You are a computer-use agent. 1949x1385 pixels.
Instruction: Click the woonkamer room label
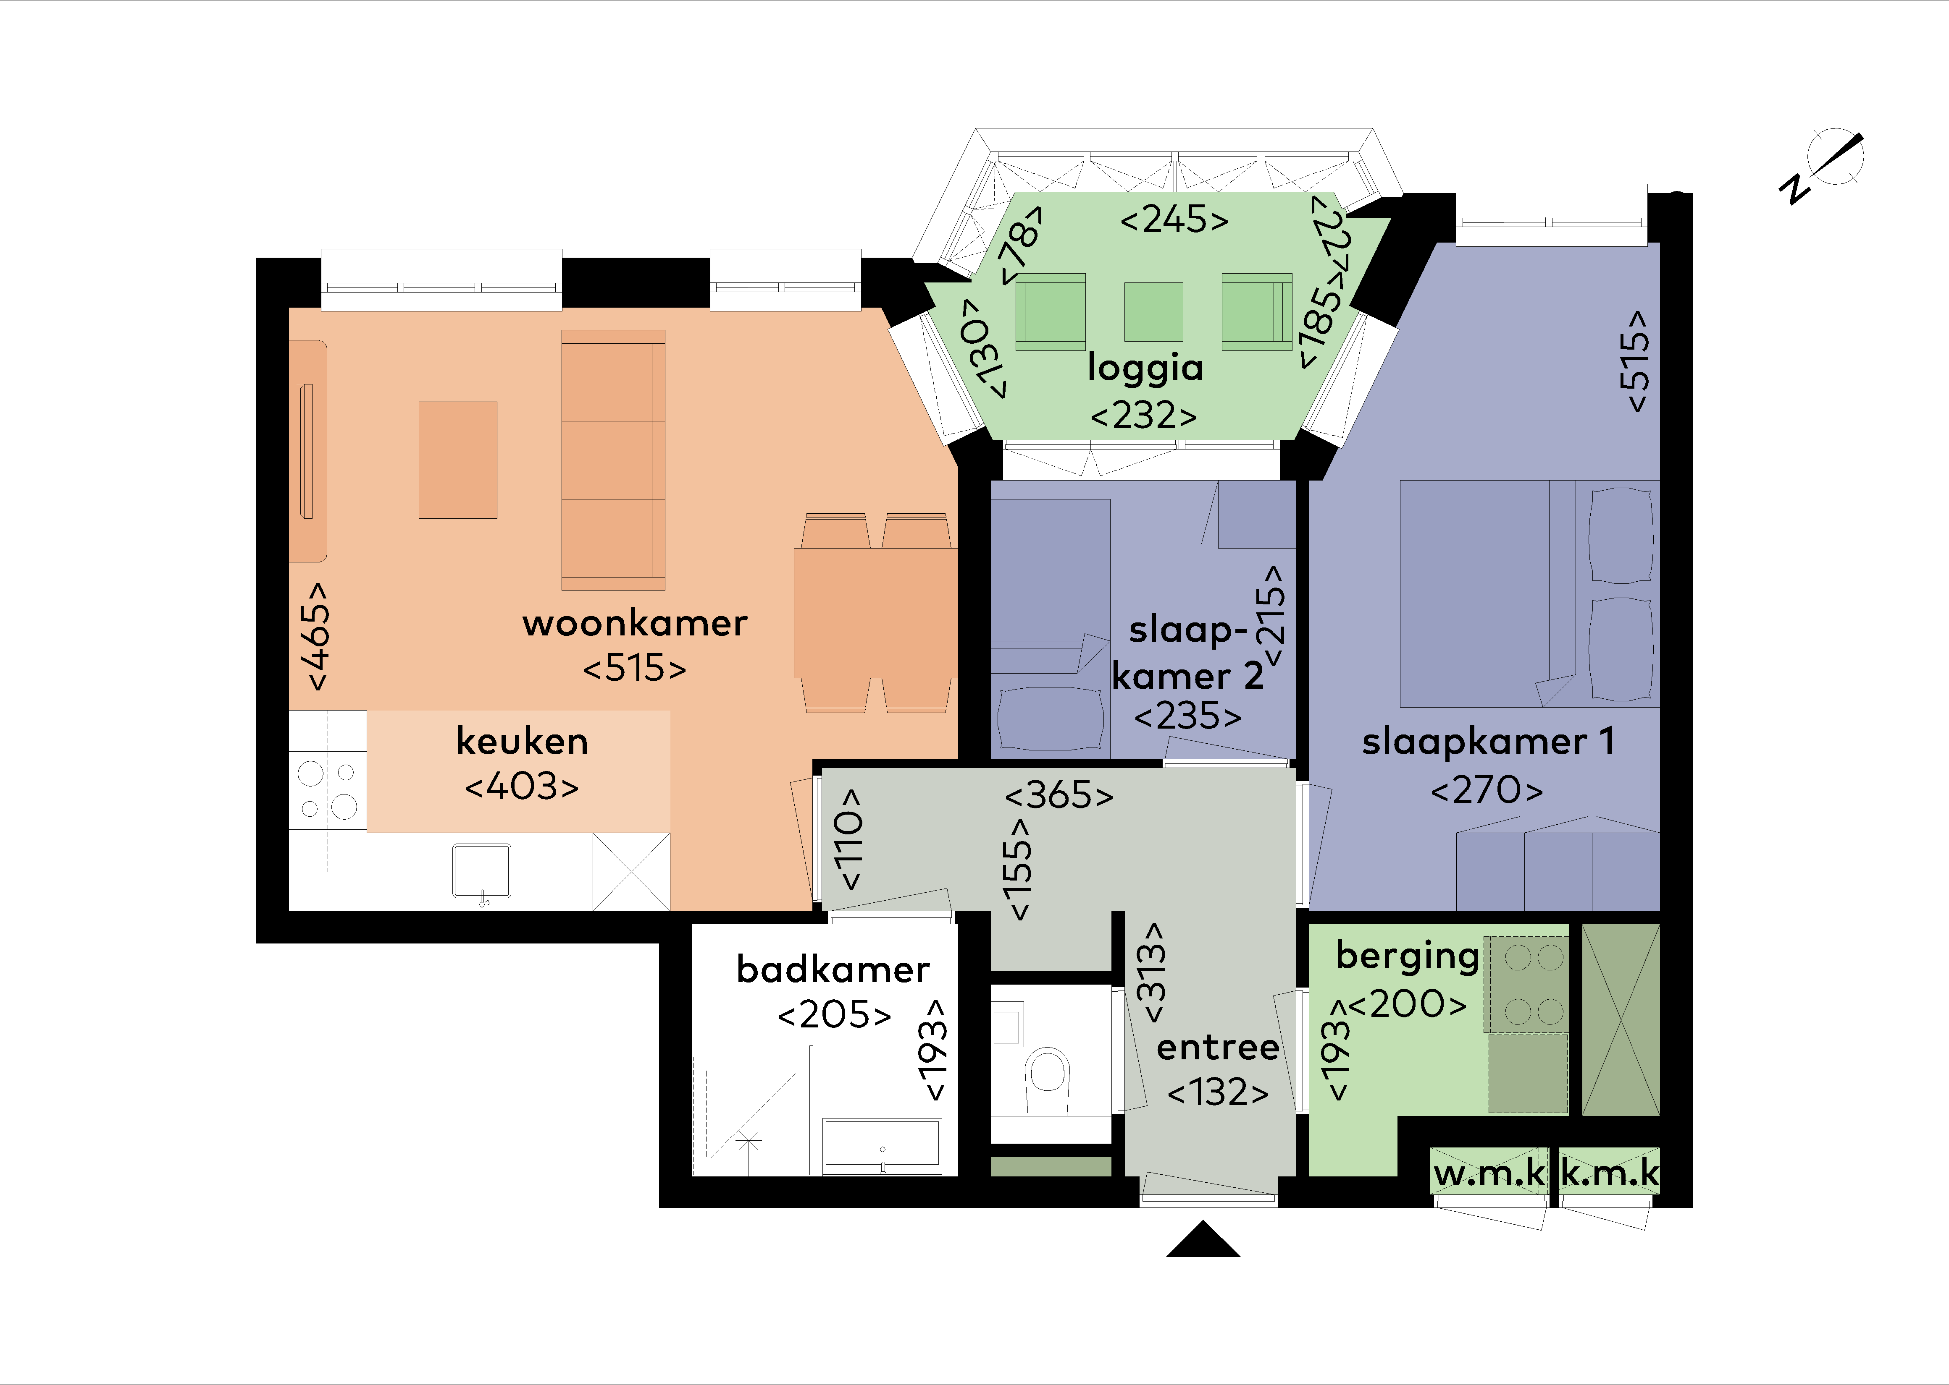tap(635, 623)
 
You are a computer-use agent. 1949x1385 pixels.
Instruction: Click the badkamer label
tap(833, 969)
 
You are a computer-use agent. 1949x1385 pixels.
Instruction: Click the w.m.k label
tap(1489, 1174)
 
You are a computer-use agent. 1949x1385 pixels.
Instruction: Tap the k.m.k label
tap(1609, 1174)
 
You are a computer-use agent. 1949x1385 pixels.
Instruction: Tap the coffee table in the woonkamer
tap(457, 460)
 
